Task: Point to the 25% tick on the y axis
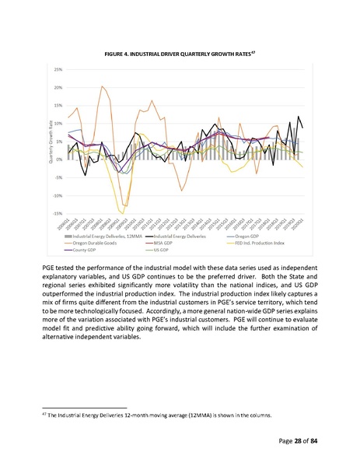tap(58, 70)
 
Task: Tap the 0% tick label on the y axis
tap(59, 159)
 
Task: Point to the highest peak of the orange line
tap(103, 87)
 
